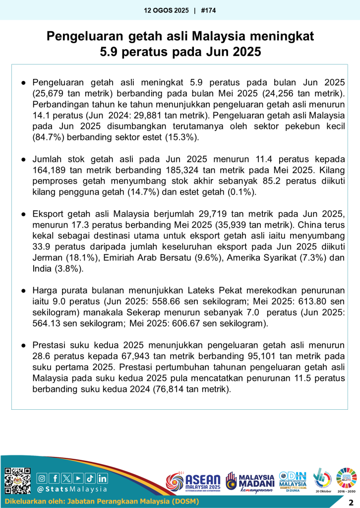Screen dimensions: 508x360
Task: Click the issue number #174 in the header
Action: coord(209,10)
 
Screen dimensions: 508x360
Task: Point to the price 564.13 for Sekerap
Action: coord(49,323)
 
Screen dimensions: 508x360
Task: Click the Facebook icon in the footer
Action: coord(55,478)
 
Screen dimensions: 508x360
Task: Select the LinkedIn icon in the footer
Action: coord(102,478)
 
